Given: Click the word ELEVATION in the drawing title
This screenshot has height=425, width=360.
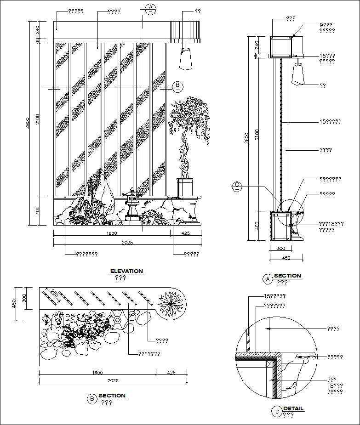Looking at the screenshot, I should pos(126,271).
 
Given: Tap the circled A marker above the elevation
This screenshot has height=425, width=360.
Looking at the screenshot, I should pos(150,8).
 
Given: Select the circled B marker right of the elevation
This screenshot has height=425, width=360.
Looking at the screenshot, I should pos(178,86).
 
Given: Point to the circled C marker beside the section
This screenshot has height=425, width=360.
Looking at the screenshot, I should pos(237,186).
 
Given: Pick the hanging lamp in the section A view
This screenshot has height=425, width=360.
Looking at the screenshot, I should pos(298,74).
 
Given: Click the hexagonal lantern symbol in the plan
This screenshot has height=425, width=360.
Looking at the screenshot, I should pos(118,318).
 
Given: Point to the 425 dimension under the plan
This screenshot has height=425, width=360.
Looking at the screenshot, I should pos(171,372).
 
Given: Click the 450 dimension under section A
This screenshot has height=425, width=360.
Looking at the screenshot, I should pos(286,258).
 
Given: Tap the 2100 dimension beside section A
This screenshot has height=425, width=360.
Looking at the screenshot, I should pos(257,134).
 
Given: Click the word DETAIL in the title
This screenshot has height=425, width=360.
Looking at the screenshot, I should pos(293,408).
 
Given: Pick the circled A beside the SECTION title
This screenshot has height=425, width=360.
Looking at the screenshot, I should pos(267,278).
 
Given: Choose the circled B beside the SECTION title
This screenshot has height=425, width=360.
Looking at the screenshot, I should pos(92,399).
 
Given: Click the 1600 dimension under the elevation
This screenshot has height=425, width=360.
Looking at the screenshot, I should pos(112,233).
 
